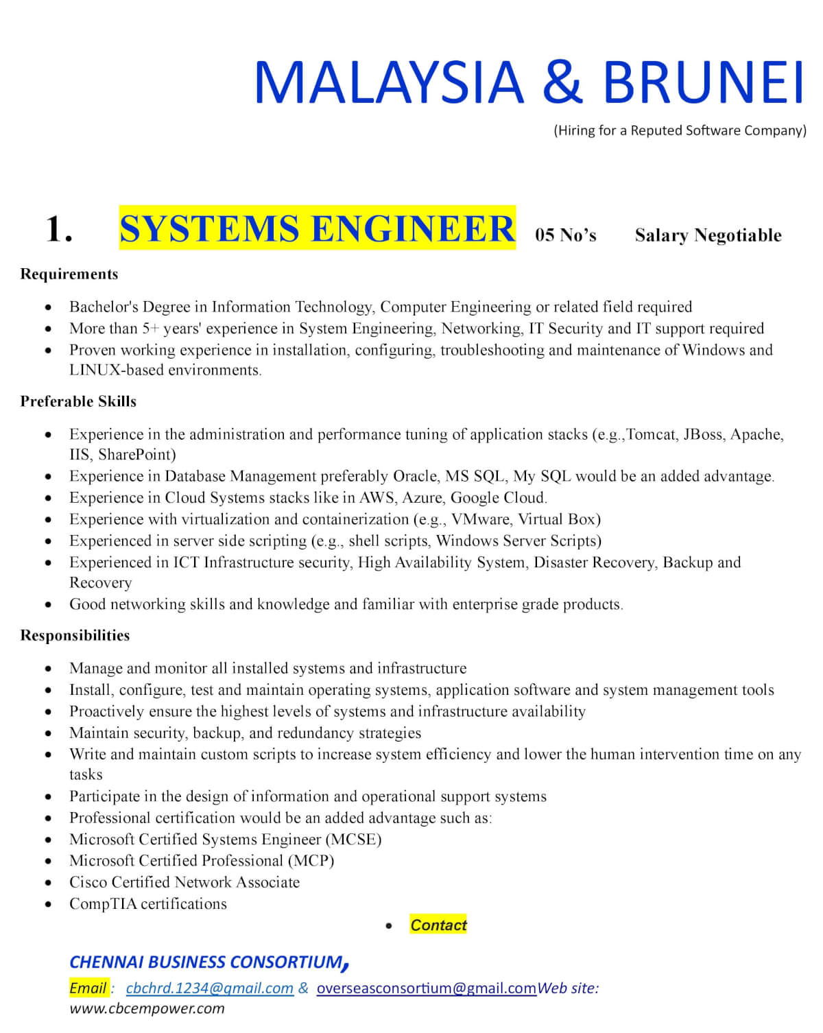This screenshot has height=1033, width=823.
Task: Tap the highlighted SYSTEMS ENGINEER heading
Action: click(317, 228)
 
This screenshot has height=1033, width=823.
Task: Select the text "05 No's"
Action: click(566, 235)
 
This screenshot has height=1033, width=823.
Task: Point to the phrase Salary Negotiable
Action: click(708, 235)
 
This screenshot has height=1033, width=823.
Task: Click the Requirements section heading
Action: click(69, 274)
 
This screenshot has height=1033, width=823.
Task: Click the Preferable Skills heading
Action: click(78, 402)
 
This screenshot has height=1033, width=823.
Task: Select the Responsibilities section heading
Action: click(75, 636)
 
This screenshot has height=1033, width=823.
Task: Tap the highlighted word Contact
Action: click(438, 925)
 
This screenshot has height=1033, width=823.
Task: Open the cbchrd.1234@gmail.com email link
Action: click(210, 988)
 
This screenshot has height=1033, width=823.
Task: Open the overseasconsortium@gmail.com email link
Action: click(426, 988)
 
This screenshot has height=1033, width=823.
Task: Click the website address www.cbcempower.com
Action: click(147, 1008)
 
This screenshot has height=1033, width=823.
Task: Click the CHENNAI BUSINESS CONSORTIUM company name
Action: click(206, 962)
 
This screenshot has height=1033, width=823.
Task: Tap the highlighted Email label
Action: click(88, 988)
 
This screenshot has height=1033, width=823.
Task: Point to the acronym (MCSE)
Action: click(354, 840)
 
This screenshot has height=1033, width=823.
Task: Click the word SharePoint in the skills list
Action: click(137, 455)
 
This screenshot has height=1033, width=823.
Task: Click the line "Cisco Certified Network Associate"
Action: click(184, 883)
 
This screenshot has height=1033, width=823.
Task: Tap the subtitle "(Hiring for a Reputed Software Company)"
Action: click(680, 130)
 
